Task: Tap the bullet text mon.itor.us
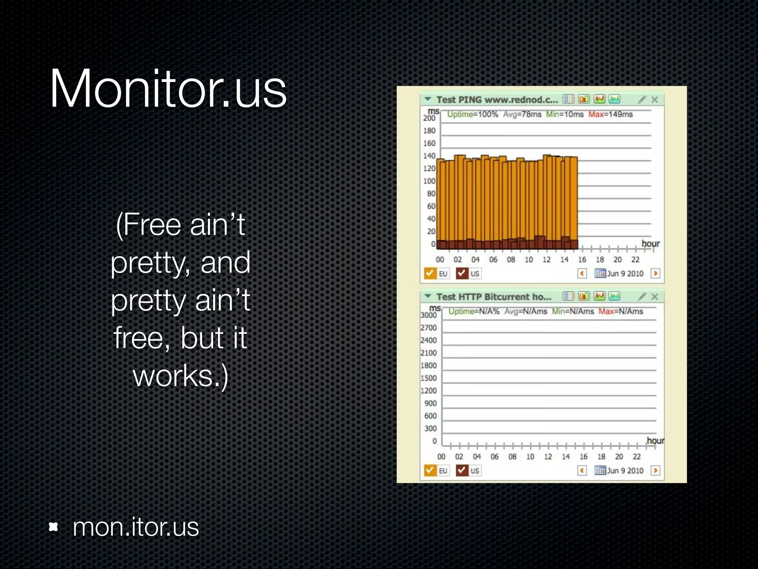coord(135,527)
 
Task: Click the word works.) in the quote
coord(181,376)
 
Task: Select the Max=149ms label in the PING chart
coord(611,114)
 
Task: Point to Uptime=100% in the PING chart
coord(473,114)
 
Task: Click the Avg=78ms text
coord(522,114)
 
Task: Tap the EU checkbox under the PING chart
coord(430,273)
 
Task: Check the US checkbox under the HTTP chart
coord(462,470)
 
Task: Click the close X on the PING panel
coord(655,100)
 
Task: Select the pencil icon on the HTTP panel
coord(642,296)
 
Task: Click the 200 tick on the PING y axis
coord(429,118)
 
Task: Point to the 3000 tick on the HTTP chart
coord(429,315)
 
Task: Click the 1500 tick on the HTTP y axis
coord(429,378)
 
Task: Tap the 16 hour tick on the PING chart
coord(582,260)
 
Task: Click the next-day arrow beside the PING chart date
coord(655,273)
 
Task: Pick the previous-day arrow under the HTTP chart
coord(582,470)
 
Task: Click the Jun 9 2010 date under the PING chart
coord(625,274)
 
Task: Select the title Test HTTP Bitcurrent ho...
coord(494,297)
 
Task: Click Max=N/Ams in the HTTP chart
coord(621,312)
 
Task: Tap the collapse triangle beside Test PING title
coord(428,99)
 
